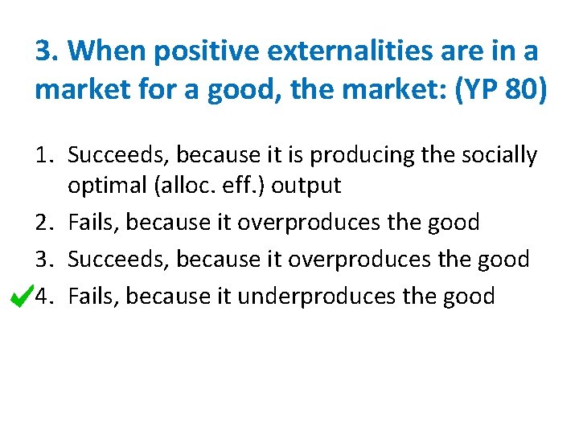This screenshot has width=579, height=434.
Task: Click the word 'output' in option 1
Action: pos(306,186)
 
